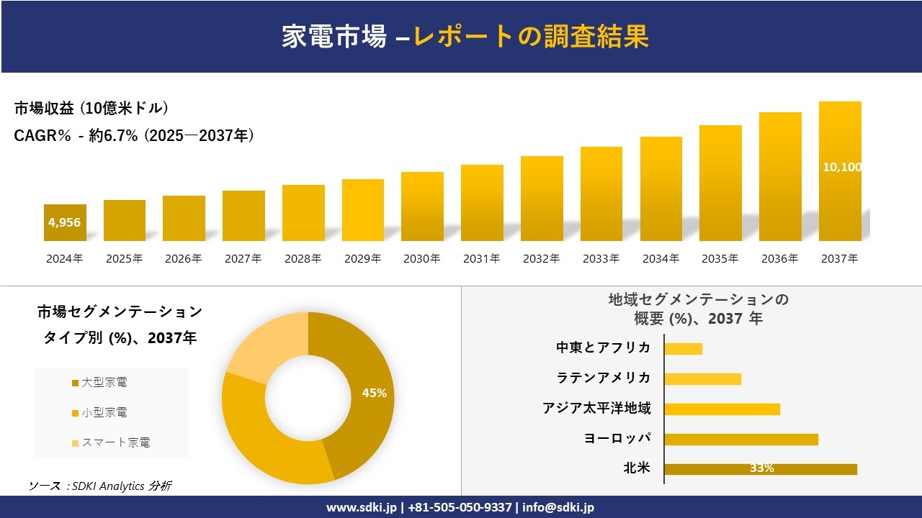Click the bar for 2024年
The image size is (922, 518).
pos(65,222)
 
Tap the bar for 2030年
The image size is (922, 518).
pos(422,206)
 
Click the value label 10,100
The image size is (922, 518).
pos(841,167)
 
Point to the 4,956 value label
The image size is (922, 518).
pos(65,222)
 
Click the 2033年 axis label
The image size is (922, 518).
pos(601,259)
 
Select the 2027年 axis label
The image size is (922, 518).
pos(243,259)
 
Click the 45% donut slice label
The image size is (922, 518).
pos(374,393)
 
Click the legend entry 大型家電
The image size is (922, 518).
pos(104,383)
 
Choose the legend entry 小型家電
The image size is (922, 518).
pos(104,413)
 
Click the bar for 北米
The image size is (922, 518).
pos(761,469)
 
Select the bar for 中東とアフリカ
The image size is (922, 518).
pos(683,349)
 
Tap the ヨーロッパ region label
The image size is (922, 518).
pos(617,439)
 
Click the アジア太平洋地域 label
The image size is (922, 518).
pos(596,409)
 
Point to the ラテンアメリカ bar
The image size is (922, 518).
pos(702,379)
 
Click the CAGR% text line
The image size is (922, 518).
pos(134,136)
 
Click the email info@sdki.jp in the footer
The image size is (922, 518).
pos(558,507)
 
